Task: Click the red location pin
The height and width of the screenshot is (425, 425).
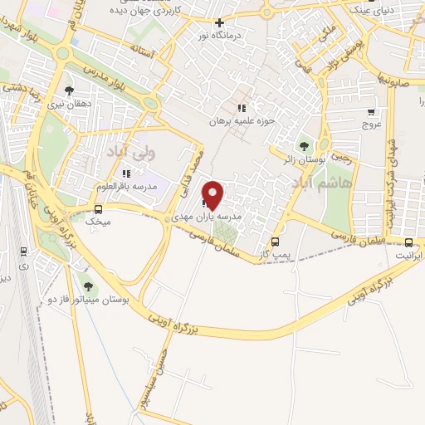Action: point(213,195)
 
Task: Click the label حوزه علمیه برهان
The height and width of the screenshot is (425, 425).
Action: point(240,121)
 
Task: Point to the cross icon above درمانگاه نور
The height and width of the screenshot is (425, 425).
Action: point(219,23)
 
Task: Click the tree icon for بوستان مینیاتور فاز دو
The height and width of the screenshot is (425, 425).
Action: point(89,287)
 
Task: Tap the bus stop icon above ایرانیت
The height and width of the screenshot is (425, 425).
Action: point(408,242)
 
